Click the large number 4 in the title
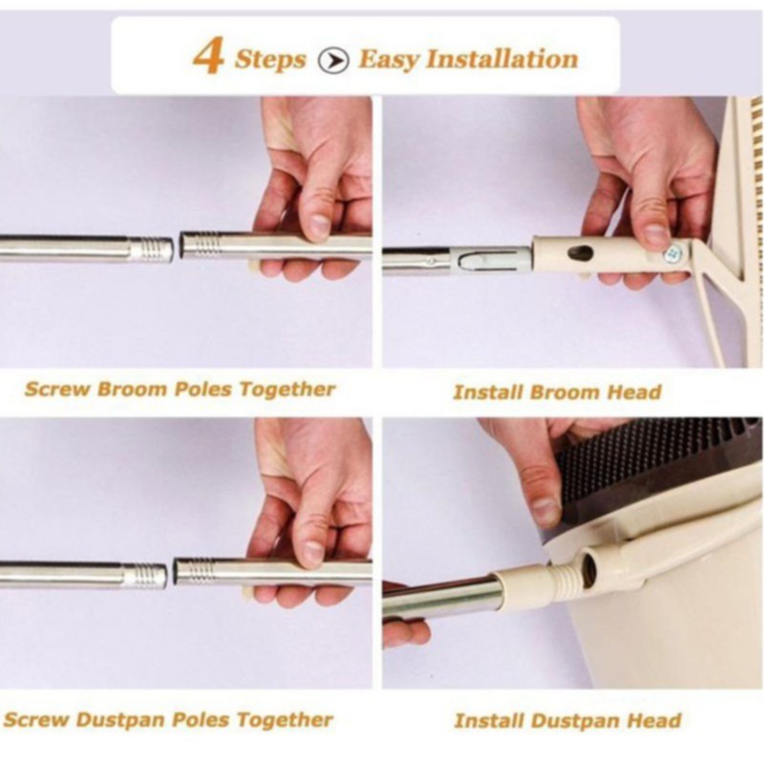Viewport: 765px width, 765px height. (208, 57)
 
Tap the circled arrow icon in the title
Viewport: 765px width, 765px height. (333, 60)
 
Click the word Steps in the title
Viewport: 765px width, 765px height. (270, 59)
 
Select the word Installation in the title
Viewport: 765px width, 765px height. (502, 59)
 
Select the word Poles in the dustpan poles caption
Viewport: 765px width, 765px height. (202, 719)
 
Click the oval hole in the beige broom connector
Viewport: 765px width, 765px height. (581, 253)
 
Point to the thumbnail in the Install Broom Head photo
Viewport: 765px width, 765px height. (657, 234)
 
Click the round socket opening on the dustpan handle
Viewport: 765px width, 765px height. (589, 566)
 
